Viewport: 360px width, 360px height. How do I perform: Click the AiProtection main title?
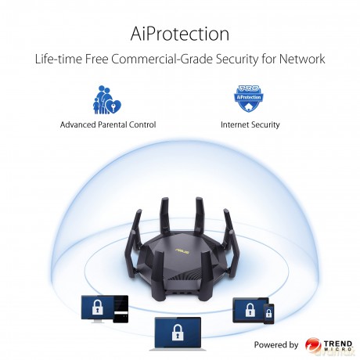point(180,34)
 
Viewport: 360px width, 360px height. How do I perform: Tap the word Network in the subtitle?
point(302,59)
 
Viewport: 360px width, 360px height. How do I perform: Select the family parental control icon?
point(107,99)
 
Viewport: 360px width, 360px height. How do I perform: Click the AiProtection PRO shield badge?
point(249,99)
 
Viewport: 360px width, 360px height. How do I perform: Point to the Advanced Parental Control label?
point(108,124)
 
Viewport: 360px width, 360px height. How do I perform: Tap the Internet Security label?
point(250,124)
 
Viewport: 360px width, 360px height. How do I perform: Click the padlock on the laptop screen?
point(178,332)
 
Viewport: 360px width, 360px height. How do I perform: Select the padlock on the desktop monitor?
point(98,307)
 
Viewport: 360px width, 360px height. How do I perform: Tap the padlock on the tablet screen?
point(250,310)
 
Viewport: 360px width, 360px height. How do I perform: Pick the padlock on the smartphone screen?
point(268,313)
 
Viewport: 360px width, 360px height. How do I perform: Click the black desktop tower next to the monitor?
point(121,309)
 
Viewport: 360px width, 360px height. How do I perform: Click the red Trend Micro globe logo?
point(313,345)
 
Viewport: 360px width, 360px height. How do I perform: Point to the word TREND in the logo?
point(338,344)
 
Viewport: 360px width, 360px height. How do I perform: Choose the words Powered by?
point(276,345)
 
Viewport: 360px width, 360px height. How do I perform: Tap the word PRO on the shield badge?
point(249,88)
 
